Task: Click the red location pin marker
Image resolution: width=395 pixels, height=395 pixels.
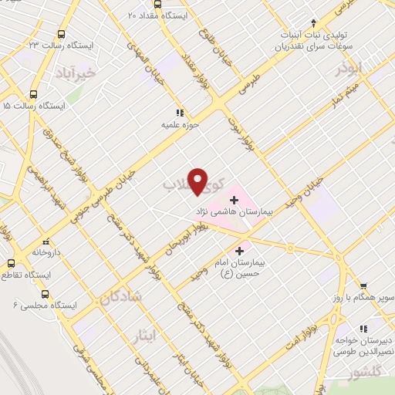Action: pyautogui.click(x=198, y=181)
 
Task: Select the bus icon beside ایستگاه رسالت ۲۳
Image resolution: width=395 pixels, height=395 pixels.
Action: pyautogui.click(x=61, y=33)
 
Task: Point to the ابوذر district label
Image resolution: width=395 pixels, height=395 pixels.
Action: pyautogui.click(x=349, y=69)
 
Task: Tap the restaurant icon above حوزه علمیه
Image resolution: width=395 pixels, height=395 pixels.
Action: pyautogui.click(x=180, y=112)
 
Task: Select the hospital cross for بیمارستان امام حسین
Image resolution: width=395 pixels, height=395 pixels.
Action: pyautogui.click(x=239, y=250)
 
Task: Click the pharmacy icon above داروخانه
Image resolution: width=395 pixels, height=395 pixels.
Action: pyautogui.click(x=46, y=239)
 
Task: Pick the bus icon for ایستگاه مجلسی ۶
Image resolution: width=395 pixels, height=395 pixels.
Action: pyautogui.click(x=44, y=294)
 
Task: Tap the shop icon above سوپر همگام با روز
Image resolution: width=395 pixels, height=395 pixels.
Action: pyautogui.click(x=363, y=285)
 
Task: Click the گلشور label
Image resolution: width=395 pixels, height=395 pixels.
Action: pyautogui.click(x=365, y=374)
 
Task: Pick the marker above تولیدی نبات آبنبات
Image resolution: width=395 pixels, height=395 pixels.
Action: pyautogui.click(x=313, y=22)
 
